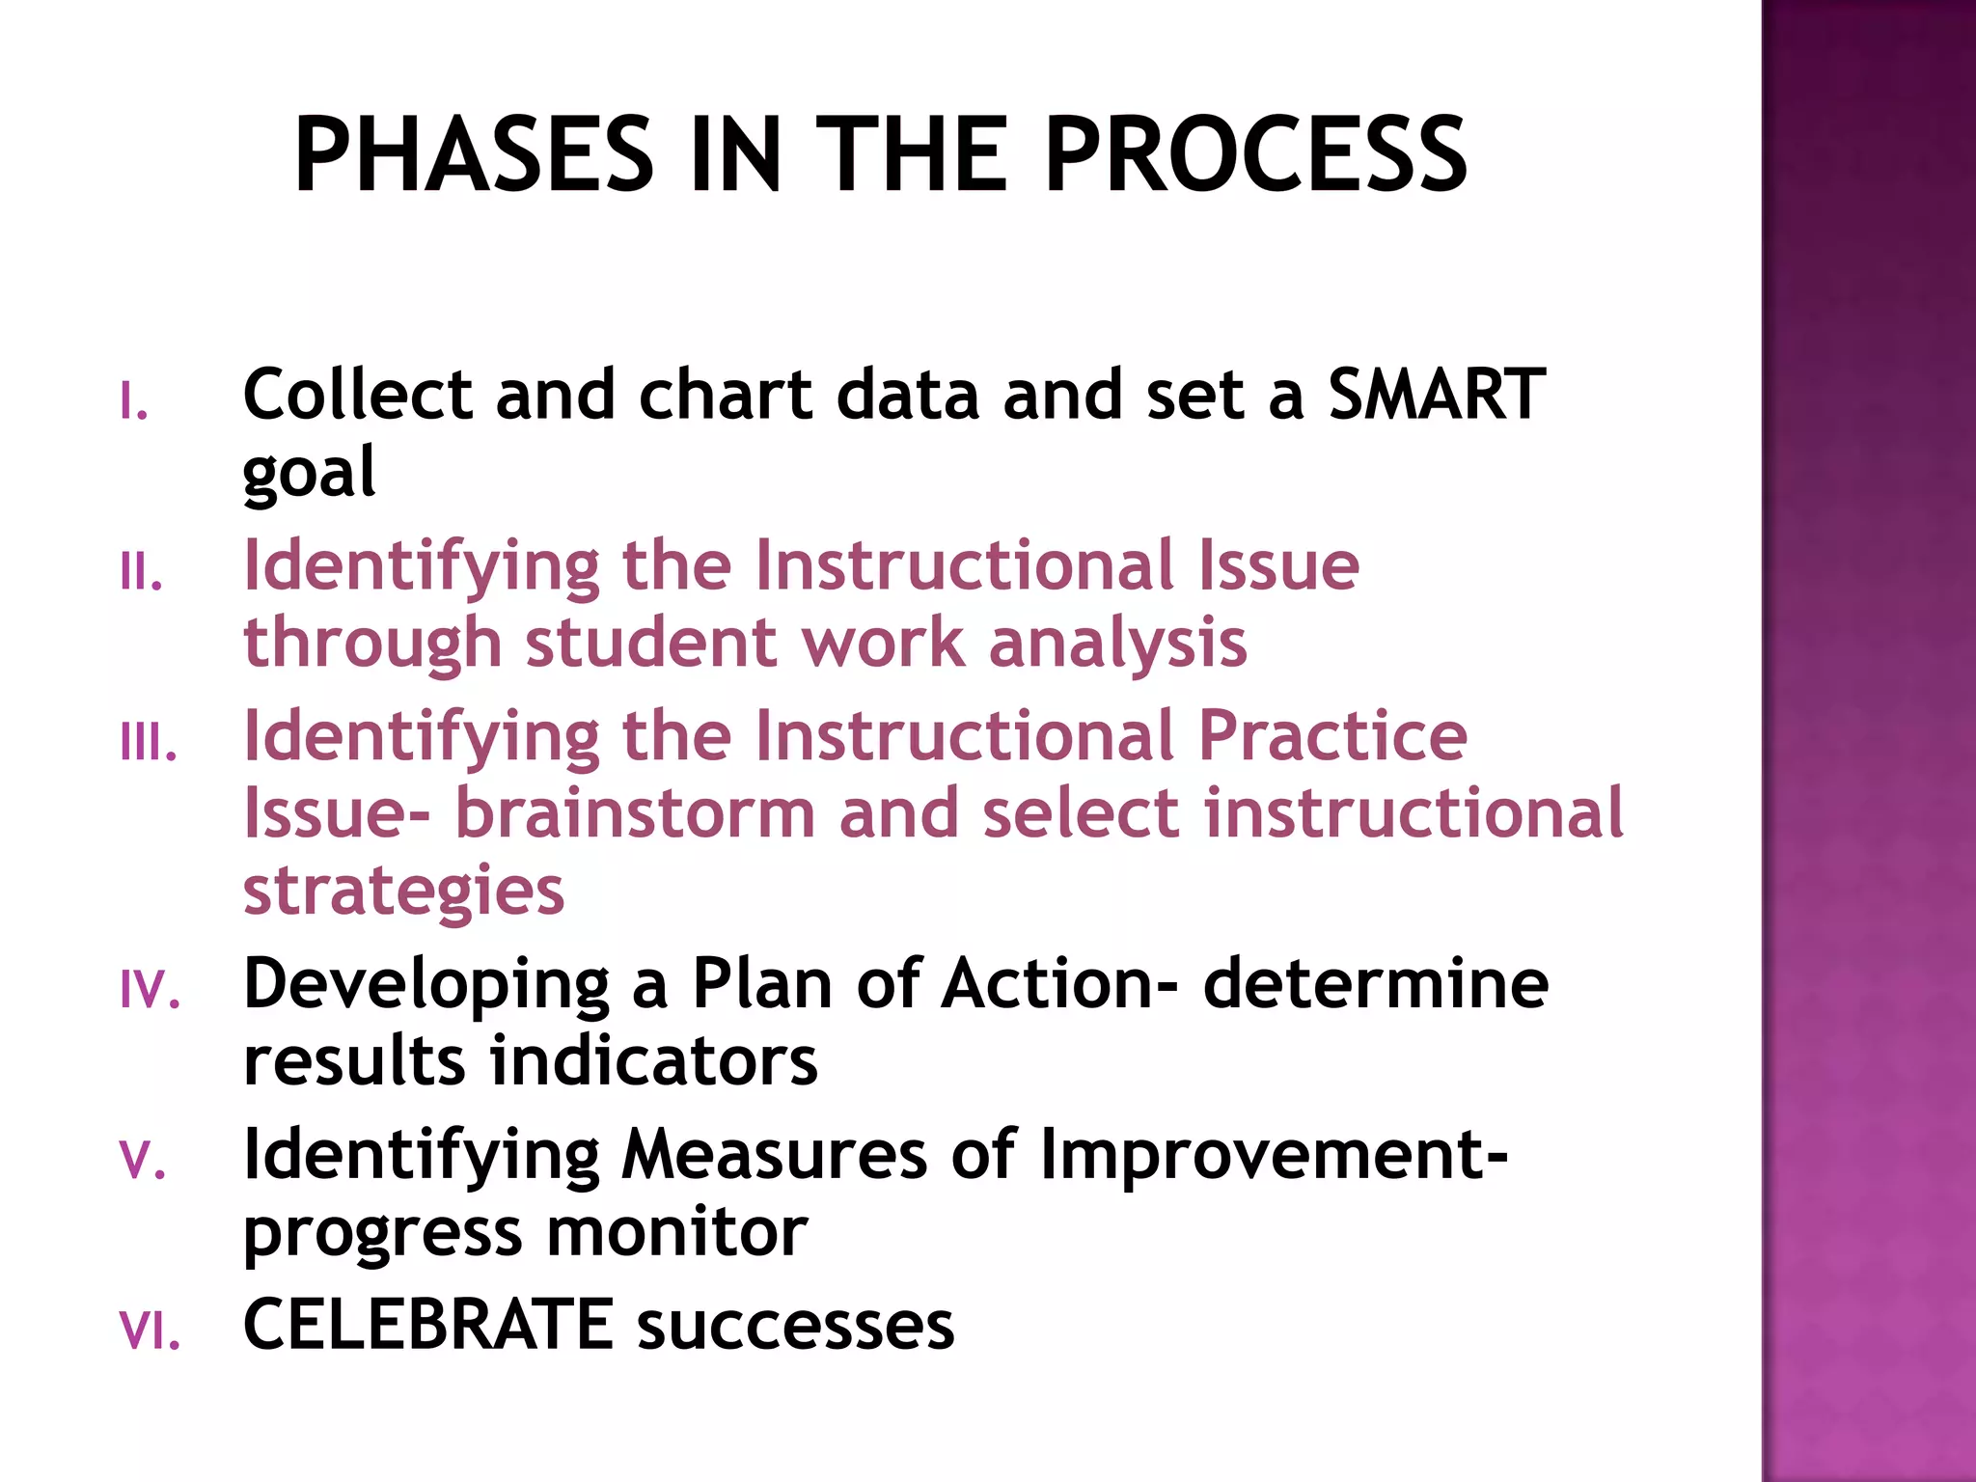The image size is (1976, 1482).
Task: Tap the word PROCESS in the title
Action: pos(1255,154)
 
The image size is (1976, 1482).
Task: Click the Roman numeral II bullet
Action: pos(141,572)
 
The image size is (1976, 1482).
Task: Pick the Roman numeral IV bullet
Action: pos(151,990)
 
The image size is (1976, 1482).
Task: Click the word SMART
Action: pos(1437,395)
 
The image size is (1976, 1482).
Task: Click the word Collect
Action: pos(358,395)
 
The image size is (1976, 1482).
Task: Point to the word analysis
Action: pos(1118,644)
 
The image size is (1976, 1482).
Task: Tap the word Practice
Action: pos(1332,736)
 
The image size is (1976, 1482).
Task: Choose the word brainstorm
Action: pos(635,813)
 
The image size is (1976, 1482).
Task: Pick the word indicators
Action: pos(654,1061)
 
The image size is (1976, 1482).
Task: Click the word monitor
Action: pos(676,1232)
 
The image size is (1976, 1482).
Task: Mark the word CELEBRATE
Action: pos(428,1325)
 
